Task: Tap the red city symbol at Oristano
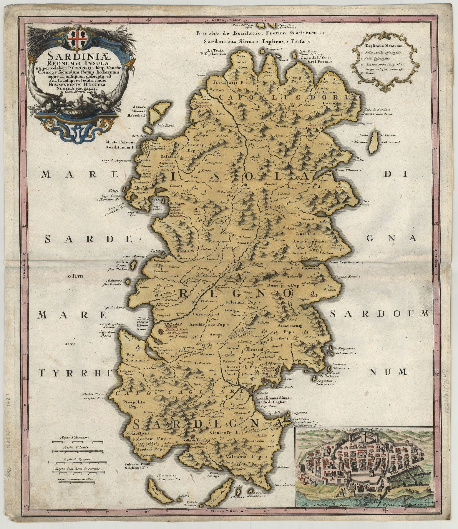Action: pos(161,332)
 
